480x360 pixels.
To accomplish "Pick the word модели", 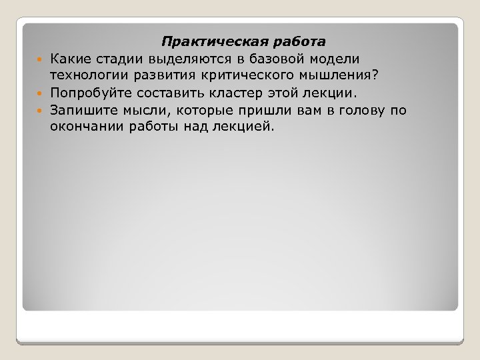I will coord(337,60).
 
